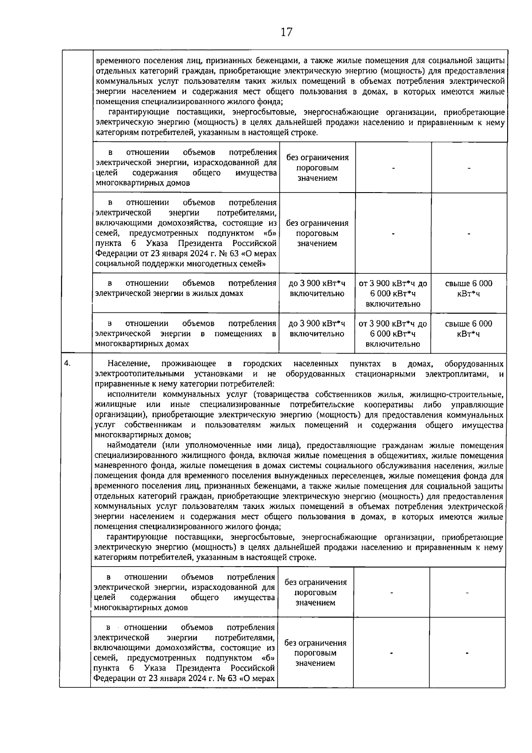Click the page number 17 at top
click(x=286, y=32)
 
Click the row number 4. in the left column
click(x=67, y=363)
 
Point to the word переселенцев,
click(x=357, y=476)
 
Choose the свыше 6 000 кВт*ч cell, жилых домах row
click(x=469, y=288)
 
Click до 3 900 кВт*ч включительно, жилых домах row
click(x=317, y=288)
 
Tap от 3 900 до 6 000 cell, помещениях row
click(x=393, y=334)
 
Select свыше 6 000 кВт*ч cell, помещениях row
click(x=469, y=328)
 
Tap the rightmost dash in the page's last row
click(x=467, y=653)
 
